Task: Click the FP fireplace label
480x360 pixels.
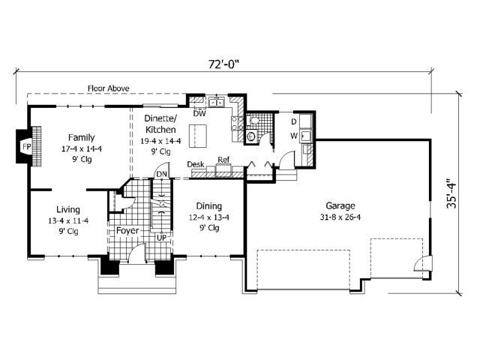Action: coord(27,147)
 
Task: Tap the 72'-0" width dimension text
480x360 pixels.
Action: coord(223,64)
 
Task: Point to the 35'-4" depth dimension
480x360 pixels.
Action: coord(451,193)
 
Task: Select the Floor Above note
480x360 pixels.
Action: coord(109,88)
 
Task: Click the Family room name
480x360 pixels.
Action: coord(82,138)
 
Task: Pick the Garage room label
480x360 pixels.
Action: coord(340,205)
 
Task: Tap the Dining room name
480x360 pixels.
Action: coord(209,206)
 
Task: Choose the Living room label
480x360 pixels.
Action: coord(68,210)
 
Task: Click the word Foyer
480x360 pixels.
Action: coord(127,230)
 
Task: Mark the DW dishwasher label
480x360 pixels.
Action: coord(199,113)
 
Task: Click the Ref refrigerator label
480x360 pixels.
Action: coord(223,160)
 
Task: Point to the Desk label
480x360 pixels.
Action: coord(196,164)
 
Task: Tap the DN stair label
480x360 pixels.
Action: coord(162,174)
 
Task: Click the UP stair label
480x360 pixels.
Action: coord(162,237)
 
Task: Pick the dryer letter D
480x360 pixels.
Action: coord(294,121)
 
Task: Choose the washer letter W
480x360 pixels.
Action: coord(294,136)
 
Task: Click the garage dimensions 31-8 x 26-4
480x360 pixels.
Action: coord(340,217)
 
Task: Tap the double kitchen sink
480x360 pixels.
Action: coord(217,102)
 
